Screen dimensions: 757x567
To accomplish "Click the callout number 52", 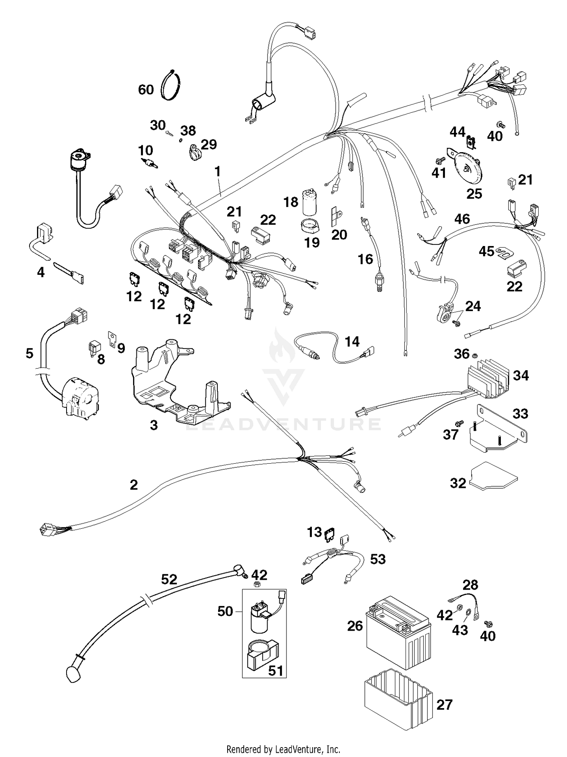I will (169, 579).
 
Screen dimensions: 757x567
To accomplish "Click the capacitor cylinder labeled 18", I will (310, 203).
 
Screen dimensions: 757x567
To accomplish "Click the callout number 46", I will (462, 219).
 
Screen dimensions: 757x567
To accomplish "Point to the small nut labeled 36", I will (476, 355).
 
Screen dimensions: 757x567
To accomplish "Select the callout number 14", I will (352, 341).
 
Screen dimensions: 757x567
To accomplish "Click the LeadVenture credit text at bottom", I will (283, 749).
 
